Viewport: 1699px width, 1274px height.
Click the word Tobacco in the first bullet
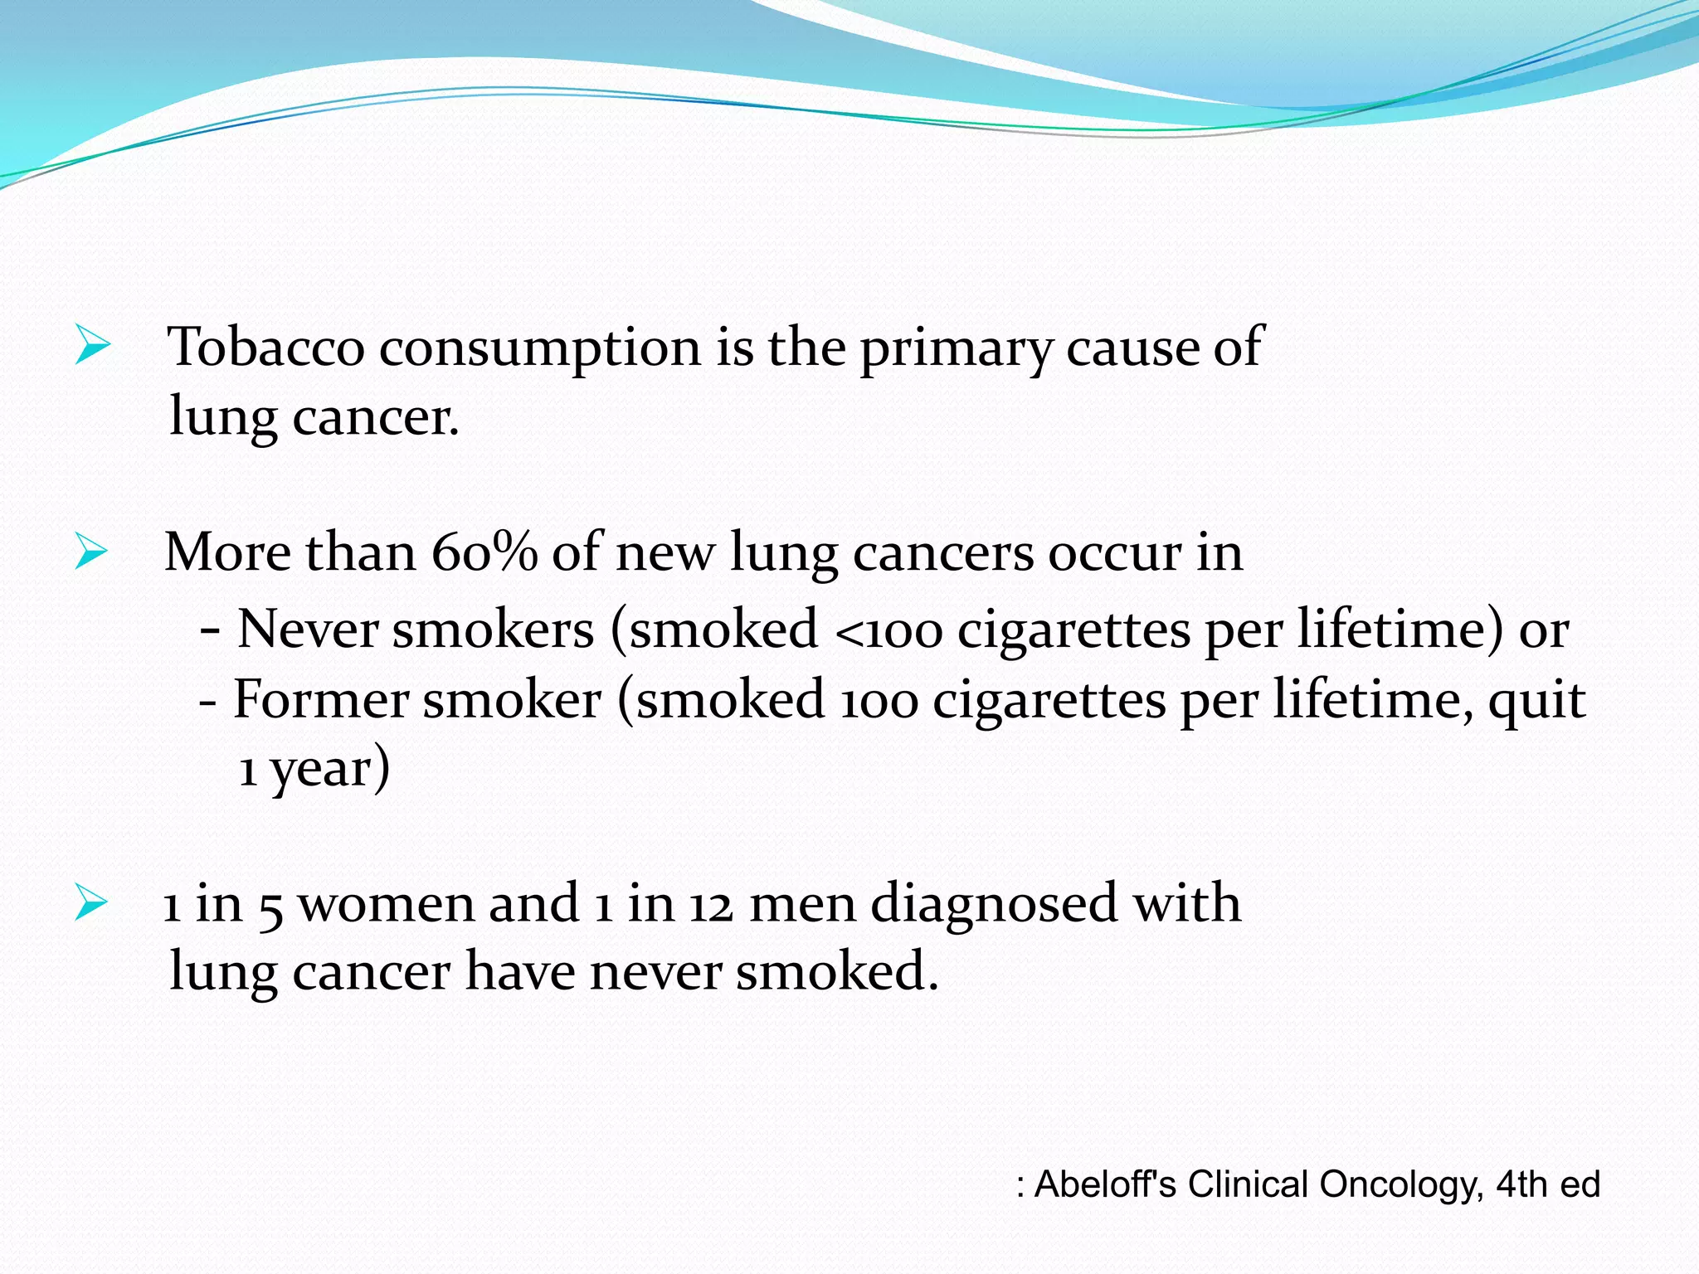click(x=265, y=347)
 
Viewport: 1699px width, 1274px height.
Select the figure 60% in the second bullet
click(x=484, y=552)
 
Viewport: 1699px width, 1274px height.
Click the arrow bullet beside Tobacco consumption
click(x=92, y=345)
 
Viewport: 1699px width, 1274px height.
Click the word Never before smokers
click(x=308, y=629)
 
